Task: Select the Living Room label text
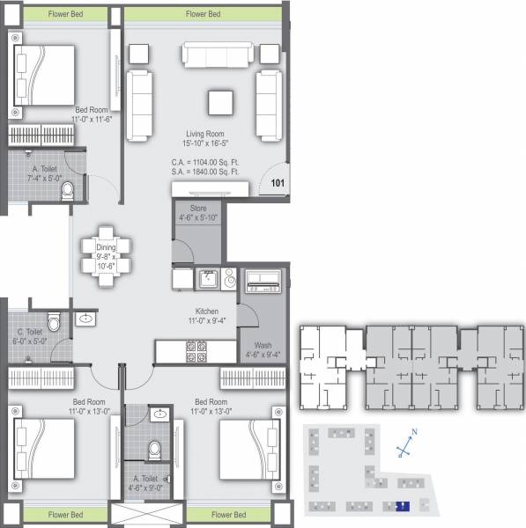(x=205, y=133)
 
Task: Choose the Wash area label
(x=263, y=345)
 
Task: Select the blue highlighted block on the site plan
(x=402, y=506)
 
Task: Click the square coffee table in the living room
(x=221, y=103)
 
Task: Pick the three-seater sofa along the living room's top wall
(x=223, y=55)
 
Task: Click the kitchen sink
(x=208, y=279)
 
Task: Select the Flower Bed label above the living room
(x=204, y=14)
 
